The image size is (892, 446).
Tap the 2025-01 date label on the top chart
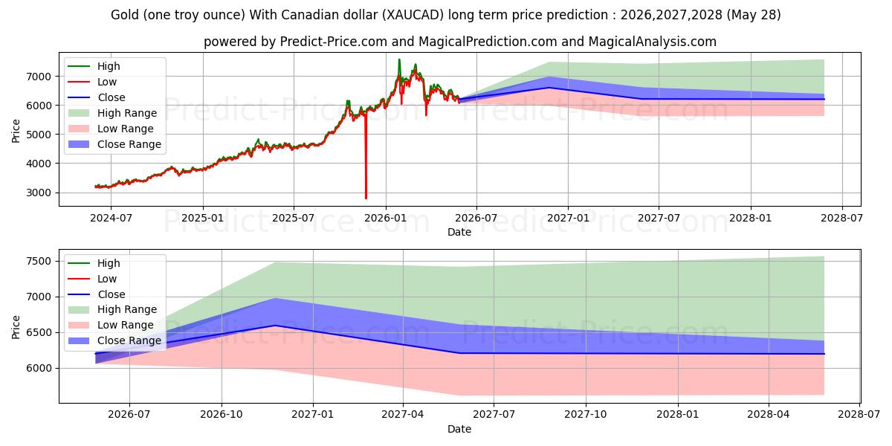(203, 219)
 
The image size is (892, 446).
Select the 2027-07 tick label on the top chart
(659, 219)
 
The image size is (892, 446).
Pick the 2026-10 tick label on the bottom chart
(222, 415)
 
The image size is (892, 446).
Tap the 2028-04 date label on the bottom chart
(769, 415)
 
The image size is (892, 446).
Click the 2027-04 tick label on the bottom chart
(403, 415)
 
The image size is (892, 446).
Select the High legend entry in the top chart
(94, 66)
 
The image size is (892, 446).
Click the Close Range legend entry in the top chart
(114, 144)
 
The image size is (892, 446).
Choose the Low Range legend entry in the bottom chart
(111, 325)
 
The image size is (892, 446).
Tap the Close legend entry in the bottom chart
(97, 294)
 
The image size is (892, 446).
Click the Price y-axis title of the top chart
(16, 131)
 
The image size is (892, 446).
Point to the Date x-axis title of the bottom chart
(459, 429)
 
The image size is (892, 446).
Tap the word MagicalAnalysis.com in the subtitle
(653, 42)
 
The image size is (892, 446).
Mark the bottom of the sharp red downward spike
(366, 198)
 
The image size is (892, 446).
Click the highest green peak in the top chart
(399, 59)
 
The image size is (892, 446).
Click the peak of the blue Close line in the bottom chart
(275, 326)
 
